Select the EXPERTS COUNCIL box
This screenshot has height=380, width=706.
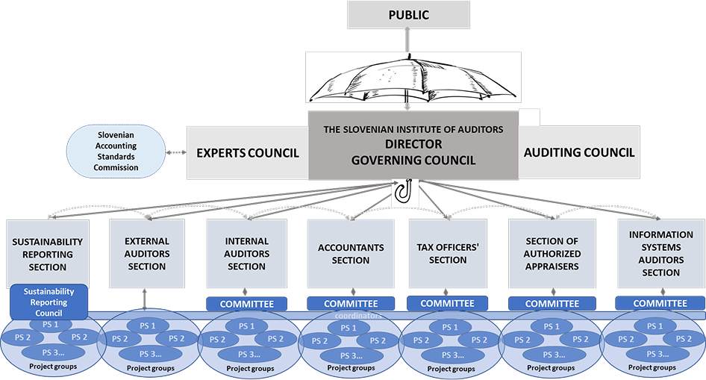[x=247, y=153]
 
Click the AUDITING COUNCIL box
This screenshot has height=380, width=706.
[x=579, y=152]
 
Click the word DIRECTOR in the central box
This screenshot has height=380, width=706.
[x=413, y=143]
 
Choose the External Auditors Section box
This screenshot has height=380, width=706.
[x=146, y=253]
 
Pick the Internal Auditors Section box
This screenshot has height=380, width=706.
[x=246, y=254]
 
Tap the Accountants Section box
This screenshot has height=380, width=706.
[x=350, y=254]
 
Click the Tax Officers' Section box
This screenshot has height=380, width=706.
[x=448, y=254]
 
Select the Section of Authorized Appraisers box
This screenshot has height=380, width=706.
[x=552, y=254]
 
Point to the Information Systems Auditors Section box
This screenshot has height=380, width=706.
[x=660, y=254]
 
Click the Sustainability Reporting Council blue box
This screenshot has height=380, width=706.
[x=50, y=302]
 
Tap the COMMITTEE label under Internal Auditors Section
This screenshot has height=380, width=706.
[x=246, y=304]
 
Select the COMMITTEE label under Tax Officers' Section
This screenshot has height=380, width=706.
[x=448, y=303]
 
